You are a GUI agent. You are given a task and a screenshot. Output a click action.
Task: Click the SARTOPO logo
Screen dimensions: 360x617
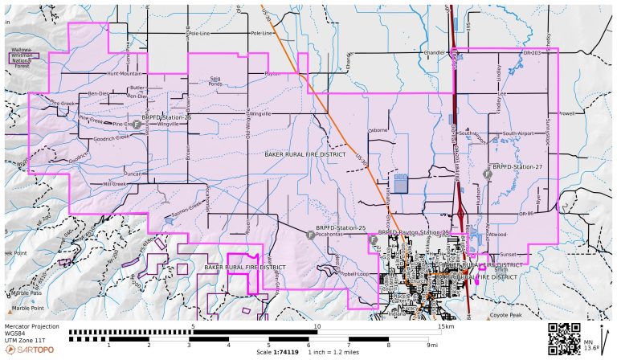click(31, 350)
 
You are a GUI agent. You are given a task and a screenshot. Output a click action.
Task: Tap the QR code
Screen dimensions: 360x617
click(563, 338)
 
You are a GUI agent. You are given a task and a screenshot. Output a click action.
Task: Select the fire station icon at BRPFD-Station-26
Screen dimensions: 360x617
click(137, 125)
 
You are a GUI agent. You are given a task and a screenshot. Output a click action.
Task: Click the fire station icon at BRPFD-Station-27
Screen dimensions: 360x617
click(486, 174)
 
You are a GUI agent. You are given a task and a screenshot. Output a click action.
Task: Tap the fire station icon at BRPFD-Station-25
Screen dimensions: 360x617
click(310, 235)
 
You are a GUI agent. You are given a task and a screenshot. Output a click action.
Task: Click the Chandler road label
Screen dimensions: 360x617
click(434, 53)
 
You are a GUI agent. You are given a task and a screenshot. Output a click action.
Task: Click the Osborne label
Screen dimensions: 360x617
click(378, 129)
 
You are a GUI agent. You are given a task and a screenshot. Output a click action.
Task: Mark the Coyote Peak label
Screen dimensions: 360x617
click(506, 315)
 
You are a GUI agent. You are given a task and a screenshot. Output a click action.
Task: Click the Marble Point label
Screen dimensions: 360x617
click(28, 307)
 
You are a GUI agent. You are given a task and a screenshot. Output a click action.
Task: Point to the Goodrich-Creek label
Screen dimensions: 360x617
click(111, 137)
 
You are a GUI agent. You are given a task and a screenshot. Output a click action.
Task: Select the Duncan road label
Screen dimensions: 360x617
click(133, 174)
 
